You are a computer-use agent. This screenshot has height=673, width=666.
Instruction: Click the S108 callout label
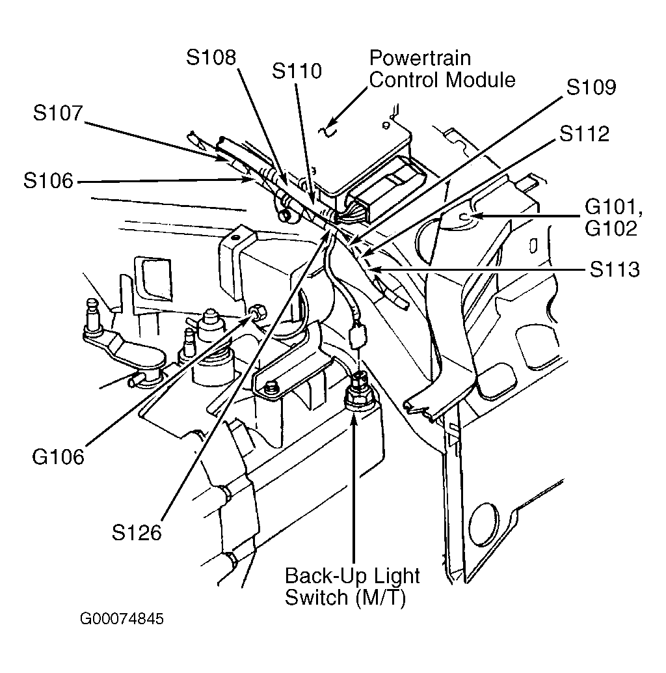tap(211, 57)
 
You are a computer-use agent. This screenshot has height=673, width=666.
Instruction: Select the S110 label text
tap(297, 71)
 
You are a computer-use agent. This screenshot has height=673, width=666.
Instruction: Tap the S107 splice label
tap(58, 113)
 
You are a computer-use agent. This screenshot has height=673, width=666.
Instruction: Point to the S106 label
tap(49, 181)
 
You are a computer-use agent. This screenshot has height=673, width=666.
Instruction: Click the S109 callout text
tap(591, 87)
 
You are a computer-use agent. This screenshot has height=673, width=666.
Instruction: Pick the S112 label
tap(584, 133)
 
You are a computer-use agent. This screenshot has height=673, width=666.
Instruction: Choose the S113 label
tap(615, 269)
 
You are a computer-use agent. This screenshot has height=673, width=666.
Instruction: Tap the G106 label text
tap(59, 457)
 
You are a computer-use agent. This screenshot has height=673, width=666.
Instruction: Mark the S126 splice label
tap(137, 532)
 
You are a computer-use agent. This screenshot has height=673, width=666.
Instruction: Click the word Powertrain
tap(420, 58)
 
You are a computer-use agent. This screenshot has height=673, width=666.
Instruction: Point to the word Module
tap(480, 80)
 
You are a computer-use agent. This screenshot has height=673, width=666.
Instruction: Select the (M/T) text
tap(381, 597)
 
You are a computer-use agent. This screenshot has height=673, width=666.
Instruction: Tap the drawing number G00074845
tap(122, 618)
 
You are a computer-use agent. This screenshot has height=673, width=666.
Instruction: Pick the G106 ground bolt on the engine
tap(258, 311)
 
